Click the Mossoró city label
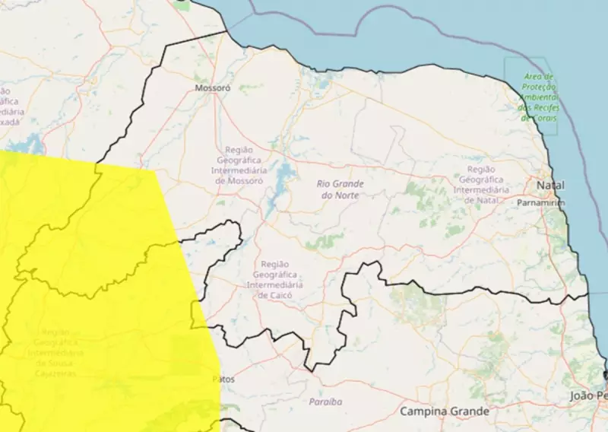[212, 88]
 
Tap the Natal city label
[549, 186]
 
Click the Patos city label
[224, 378]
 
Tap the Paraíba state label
[325, 401]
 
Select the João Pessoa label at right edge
[589, 396]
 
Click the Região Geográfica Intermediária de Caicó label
[280, 278]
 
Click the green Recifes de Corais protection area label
[539, 97]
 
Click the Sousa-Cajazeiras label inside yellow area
[55, 353]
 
